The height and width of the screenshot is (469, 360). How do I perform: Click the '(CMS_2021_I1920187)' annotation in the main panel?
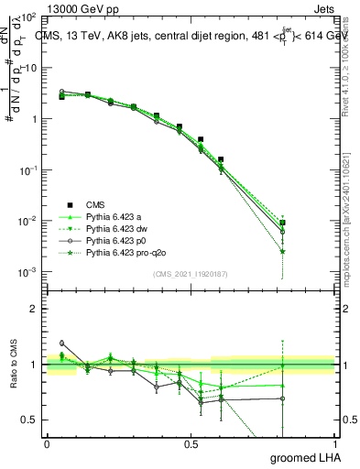[x=191, y=274]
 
